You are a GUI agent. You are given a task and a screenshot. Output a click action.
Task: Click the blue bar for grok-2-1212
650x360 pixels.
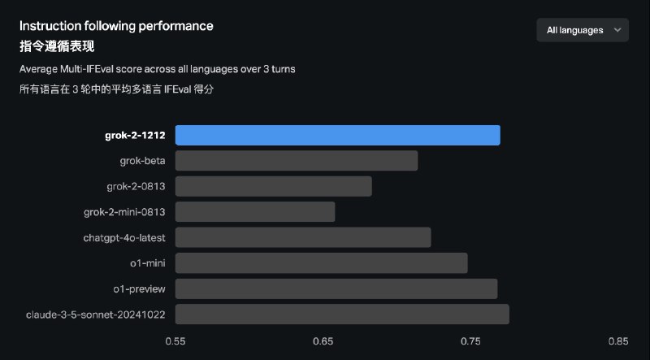point(337,135)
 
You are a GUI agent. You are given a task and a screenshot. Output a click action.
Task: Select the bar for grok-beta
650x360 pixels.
point(297,161)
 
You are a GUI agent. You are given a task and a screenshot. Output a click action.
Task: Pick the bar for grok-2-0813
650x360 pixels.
point(274,186)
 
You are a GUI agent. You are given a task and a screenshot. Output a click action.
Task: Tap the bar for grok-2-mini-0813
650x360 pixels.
point(255,212)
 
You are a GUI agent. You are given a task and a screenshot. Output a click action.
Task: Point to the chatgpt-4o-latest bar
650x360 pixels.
point(303,237)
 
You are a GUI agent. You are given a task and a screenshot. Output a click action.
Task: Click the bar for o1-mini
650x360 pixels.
point(322,263)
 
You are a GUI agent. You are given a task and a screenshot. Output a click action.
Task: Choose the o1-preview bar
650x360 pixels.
point(336,288)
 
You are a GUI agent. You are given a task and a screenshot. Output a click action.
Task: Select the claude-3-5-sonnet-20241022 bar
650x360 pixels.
point(342,314)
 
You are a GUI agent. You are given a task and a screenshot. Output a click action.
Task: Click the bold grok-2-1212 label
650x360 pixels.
point(135,135)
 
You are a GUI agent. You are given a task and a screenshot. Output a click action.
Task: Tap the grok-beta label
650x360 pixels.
point(142,161)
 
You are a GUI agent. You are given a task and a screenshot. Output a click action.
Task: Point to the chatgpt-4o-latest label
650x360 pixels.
point(124,237)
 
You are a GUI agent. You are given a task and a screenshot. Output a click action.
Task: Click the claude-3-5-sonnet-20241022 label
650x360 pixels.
point(96,314)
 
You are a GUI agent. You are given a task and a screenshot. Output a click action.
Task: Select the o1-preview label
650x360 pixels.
point(140,288)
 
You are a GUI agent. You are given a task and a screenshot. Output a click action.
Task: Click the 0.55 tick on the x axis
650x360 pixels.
point(175,342)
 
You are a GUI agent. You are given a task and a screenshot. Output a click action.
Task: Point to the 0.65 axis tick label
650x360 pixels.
point(323,342)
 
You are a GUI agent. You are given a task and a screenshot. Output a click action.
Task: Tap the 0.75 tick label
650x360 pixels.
point(470,342)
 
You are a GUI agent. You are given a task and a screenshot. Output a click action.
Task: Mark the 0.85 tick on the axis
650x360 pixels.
point(618,342)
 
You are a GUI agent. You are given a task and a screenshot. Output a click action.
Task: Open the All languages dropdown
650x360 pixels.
point(583,30)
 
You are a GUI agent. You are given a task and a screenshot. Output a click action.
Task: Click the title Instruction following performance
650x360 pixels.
point(116,26)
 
